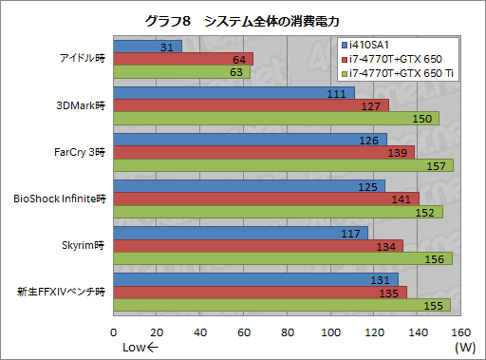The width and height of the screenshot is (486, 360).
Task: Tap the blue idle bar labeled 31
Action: pyautogui.click(x=147, y=47)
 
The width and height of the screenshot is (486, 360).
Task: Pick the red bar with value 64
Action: pyautogui.click(x=182, y=59)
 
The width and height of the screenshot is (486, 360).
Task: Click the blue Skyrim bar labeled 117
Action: pyautogui.click(x=240, y=234)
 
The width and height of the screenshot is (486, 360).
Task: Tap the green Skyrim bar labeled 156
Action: pyautogui.click(x=282, y=258)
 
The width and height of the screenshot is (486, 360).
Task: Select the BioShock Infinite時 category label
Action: pyautogui.click(x=59, y=199)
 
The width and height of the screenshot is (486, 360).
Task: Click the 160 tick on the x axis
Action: pyautogui.click(x=459, y=332)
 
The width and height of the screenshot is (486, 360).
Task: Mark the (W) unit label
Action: pyautogui.click(x=465, y=348)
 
